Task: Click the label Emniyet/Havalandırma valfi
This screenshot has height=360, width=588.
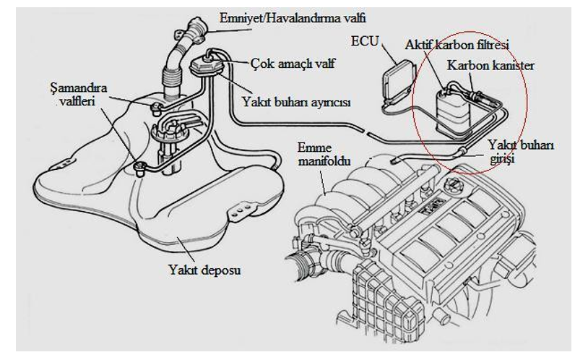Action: pyautogui.click(x=292, y=18)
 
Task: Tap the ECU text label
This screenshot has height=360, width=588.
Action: pyautogui.click(x=365, y=41)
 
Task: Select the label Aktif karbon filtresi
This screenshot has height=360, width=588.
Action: pyautogui.click(x=457, y=45)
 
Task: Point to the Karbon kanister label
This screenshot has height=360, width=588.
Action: pyautogui.click(x=490, y=66)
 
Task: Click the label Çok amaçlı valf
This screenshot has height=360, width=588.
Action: pyautogui.click(x=293, y=64)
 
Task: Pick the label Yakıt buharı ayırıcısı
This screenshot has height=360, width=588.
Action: pyautogui.click(x=296, y=102)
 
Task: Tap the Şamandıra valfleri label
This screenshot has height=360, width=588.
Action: pyautogui.click(x=78, y=95)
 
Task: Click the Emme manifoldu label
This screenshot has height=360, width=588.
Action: pyautogui.click(x=324, y=154)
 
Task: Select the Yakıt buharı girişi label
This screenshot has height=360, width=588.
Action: pyautogui.click(x=521, y=151)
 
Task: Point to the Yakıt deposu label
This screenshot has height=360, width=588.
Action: pyautogui.click(x=204, y=270)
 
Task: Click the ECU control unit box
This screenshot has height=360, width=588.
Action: pyautogui.click(x=397, y=80)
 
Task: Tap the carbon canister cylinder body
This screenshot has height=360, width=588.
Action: pyautogui.click(x=453, y=113)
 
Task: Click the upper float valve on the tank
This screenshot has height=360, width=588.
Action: pyautogui.click(x=156, y=106)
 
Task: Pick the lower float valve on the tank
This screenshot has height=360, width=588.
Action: pyautogui.click(x=140, y=168)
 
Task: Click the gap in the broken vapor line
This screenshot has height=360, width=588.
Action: pyautogui.click(x=366, y=132)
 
